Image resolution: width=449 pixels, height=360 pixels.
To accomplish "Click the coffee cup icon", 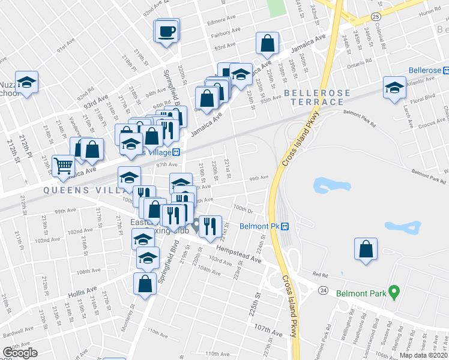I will pyautogui.click(x=167, y=30).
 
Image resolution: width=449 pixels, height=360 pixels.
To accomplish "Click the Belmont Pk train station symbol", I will pyautogui.click(x=286, y=226).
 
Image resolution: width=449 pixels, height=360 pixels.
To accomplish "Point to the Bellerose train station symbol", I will pyautogui.click(x=446, y=70).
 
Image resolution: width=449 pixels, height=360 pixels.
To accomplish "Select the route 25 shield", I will pyautogui.click(x=376, y=17).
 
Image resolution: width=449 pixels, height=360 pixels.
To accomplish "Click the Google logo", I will pyautogui.click(x=21, y=353).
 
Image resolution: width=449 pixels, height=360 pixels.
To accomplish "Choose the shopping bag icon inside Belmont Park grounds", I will pyautogui.click(x=366, y=249).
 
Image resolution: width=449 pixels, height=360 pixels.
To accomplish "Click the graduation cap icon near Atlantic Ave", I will pyautogui.click(x=394, y=88).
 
